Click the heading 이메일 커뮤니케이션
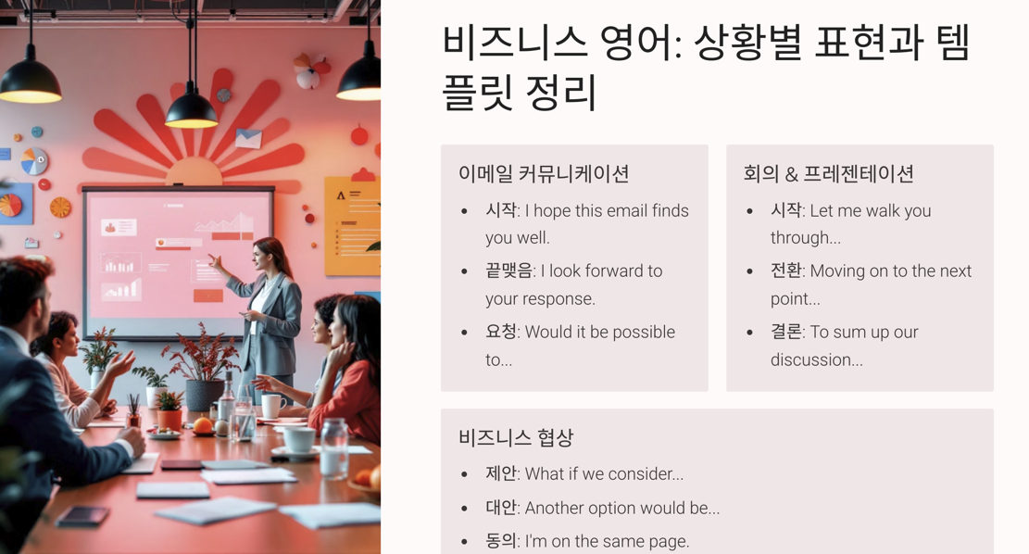544,173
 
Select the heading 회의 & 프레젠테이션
828,173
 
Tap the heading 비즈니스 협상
516,437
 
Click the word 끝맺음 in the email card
509,271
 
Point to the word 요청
501,332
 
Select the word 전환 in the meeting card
785,271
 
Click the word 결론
785,332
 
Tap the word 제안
501,473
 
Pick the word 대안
501,508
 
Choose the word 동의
501,541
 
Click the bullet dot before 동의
465,542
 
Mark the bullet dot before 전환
750,271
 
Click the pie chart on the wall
34,161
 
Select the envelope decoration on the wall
247,139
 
